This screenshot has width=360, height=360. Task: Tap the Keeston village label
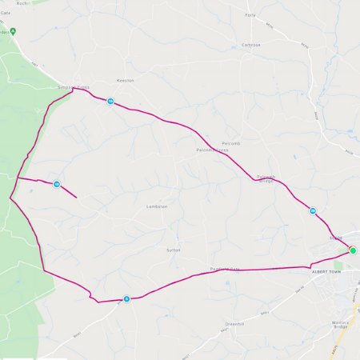[125, 81]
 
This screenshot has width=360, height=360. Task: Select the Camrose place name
[251, 45]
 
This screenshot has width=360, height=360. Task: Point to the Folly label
[250, 14]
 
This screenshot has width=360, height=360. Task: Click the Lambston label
[156, 206]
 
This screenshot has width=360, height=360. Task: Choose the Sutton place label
[174, 250]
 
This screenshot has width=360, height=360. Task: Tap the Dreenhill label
[234, 323]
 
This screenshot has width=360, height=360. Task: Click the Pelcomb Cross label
[212, 150]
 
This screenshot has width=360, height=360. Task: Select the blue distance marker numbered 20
[313, 211]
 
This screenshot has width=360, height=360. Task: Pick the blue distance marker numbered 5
[126, 298]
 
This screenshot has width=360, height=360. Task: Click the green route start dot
[353, 250]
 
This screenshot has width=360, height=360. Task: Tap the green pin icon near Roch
[13, 32]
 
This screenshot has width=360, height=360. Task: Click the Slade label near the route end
[335, 237]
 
